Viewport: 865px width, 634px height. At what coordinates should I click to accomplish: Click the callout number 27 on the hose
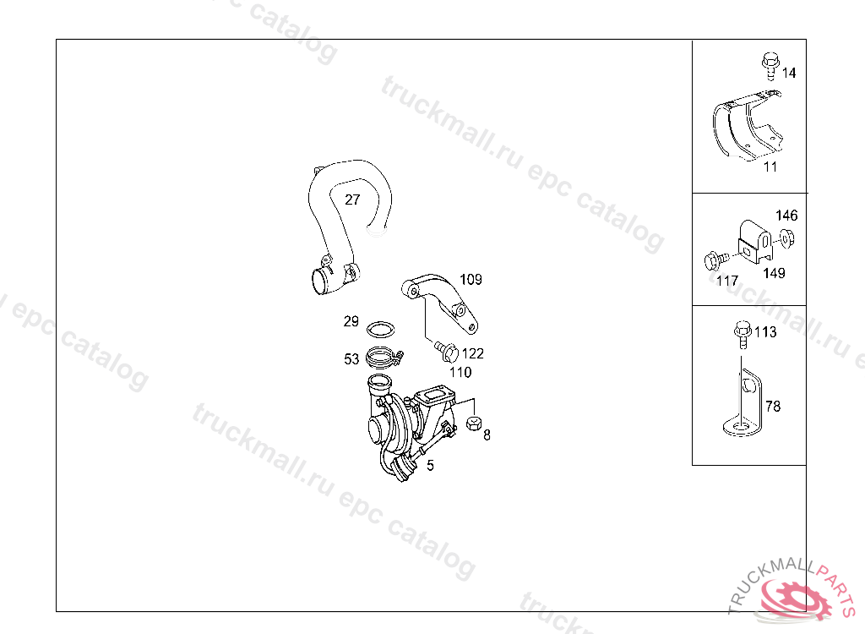pyautogui.click(x=352, y=199)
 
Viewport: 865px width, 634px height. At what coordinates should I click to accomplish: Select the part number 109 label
pyautogui.click(x=471, y=280)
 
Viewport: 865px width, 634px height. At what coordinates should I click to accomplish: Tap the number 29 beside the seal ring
pyautogui.click(x=351, y=321)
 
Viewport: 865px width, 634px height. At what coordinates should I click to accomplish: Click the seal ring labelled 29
pyautogui.click(x=381, y=330)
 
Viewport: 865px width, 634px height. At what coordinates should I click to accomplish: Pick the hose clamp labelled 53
pyautogui.click(x=384, y=358)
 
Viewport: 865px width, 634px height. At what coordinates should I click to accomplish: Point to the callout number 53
pyautogui.click(x=351, y=359)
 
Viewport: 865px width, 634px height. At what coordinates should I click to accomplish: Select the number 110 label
pyautogui.click(x=460, y=372)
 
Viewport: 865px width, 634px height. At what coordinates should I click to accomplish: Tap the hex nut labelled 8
pyautogui.click(x=474, y=424)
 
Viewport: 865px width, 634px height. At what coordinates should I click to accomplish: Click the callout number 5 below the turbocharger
pyautogui.click(x=430, y=466)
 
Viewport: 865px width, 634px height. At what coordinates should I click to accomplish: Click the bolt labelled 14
pyautogui.click(x=770, y=66)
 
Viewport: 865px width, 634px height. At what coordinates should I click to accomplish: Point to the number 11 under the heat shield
pyautogui.click(x=770, y=167)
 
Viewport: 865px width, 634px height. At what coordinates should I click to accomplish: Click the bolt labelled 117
pyautogui.click(x=716, y=260)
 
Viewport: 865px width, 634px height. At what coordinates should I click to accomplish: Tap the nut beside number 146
pyautogui.click(x=786, y=239)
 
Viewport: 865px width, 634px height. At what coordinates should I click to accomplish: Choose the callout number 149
pyautogui.click(x=774, y=273)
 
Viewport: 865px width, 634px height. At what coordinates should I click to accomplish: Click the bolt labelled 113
pyautogui.click(x=743, y=334)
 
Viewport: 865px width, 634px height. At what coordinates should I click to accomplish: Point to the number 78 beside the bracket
pyautogui.click(x=773, y=407)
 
